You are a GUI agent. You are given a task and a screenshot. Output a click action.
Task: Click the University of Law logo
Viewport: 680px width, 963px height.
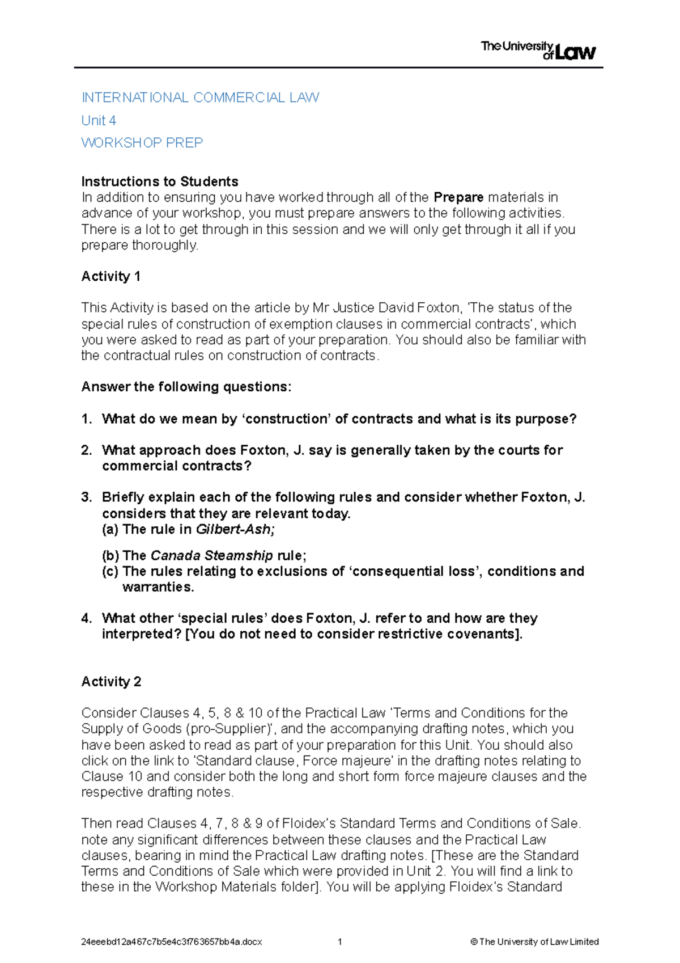[538, 50]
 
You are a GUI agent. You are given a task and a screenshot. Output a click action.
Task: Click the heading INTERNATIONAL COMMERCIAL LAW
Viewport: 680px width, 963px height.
[200, 98]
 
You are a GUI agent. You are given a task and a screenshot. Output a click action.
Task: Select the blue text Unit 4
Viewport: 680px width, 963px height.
[99, 120]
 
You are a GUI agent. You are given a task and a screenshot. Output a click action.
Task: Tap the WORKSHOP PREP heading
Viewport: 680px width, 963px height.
[142, 142]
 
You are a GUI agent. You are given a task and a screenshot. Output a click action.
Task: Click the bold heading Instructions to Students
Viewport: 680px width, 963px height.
[159, 181]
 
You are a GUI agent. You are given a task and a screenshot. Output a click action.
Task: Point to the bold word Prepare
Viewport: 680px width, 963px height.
[458, 197]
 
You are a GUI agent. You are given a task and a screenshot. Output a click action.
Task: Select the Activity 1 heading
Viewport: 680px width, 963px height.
[110, 276]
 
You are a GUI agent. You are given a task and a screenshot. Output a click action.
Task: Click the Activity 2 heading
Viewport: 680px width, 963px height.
[111, 681]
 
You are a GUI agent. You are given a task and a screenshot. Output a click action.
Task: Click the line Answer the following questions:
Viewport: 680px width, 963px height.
[186, 387]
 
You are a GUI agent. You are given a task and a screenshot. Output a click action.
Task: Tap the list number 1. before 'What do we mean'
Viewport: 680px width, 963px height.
[86, 419]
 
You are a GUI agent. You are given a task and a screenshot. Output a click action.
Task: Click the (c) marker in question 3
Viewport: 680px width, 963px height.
[110, 571]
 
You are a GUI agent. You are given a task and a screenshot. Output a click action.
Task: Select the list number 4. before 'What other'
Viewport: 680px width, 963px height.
[86, 618]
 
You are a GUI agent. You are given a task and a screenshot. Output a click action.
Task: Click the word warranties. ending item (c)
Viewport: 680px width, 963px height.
[158, 587]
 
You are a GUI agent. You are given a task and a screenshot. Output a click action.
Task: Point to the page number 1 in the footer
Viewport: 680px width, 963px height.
[339, 942]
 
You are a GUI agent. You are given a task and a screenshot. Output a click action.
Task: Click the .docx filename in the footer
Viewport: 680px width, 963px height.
[171, 942]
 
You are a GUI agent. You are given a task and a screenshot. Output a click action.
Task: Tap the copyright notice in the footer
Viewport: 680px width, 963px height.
[534, 942]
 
